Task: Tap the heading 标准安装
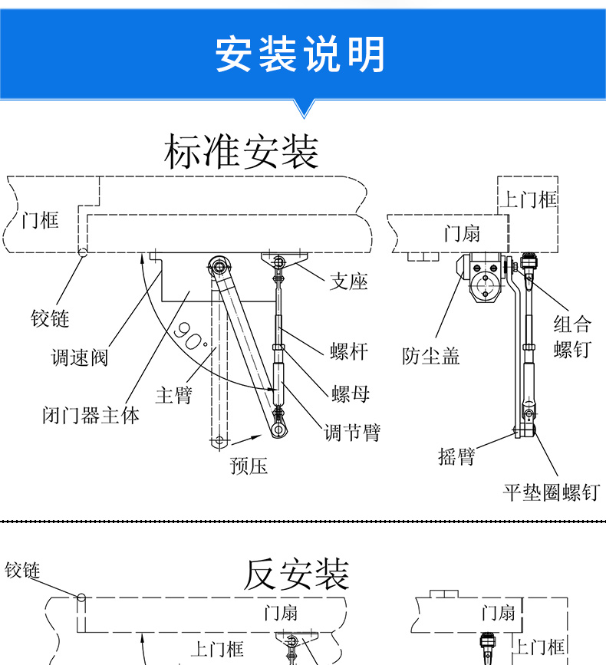coord(241,151)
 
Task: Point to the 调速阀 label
coord(80,357)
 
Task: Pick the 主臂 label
coord(173,395)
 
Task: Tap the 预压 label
coord(249,465)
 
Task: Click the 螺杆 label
coord(349,351)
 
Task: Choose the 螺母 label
coord(351,393)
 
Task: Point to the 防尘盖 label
coord(430,355)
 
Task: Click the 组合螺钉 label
coord(572,336)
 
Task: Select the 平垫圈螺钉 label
coord(551,492)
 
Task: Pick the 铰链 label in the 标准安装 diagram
coord(50,318)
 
